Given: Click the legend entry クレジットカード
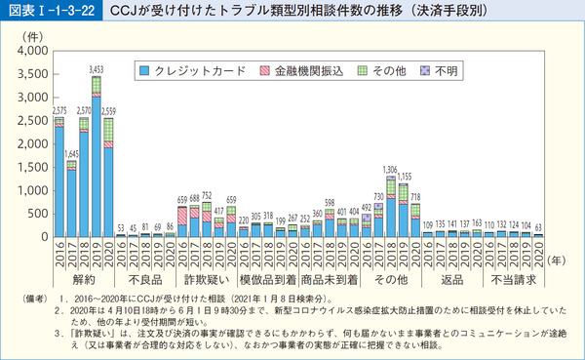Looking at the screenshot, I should pyautogui.click(x=186, y=71).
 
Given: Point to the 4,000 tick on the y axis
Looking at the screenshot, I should pyautogui.click(x=30, y=50).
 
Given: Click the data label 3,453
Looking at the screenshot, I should pyautogui.click(x=96, y=68).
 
